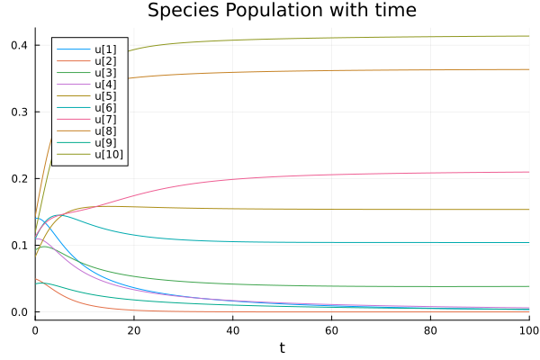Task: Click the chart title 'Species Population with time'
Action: (282, 11)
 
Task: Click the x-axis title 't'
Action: (282, 348)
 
